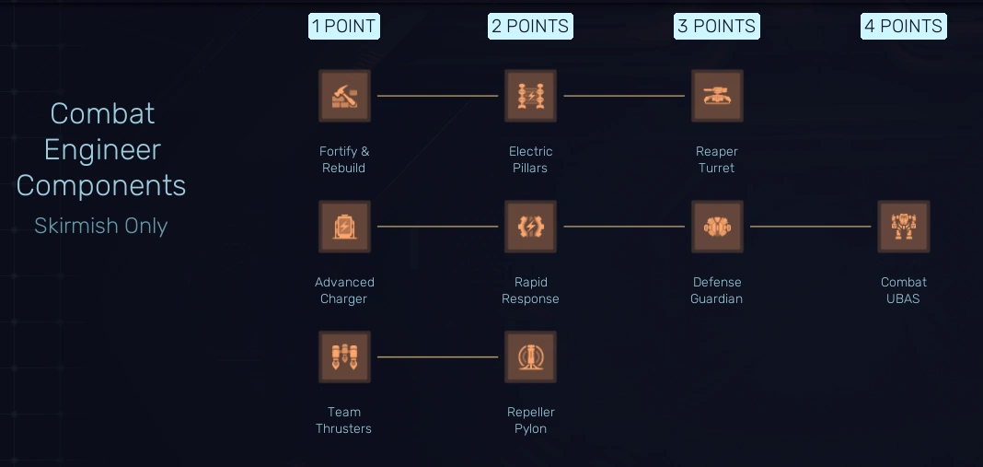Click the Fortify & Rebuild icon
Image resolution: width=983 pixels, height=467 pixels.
point(344,96)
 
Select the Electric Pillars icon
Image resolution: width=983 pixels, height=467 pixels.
point(530,96)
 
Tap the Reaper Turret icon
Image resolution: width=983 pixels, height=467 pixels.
point(717,96)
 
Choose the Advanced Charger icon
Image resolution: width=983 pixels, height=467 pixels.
point(344,227)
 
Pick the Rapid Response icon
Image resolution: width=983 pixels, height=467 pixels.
point(530,227)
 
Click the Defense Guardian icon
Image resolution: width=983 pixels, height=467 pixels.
point(717,227)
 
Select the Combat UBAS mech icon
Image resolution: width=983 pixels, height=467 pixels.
point(904,227)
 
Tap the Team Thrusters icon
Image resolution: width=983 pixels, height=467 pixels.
point(344,356)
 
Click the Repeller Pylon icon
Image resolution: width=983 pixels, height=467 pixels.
point(530,356)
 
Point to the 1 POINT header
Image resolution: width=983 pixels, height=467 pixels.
point(344,26)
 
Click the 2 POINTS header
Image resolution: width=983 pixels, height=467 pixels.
point(530,26)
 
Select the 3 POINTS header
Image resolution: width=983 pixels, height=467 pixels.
point(717,26)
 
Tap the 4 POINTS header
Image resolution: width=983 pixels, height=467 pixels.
point(904,26)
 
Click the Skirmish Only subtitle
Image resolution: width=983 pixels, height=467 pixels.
point(101,226)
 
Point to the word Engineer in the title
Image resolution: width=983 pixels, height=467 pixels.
point(101,149)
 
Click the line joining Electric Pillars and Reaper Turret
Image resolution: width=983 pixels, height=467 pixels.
point(624,96)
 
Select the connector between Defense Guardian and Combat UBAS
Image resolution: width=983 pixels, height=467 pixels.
point(810,227)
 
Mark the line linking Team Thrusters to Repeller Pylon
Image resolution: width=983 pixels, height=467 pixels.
point(437,356)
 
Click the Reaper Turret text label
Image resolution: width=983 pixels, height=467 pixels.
point(717,159)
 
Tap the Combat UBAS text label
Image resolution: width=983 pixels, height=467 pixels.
point(904,290)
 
